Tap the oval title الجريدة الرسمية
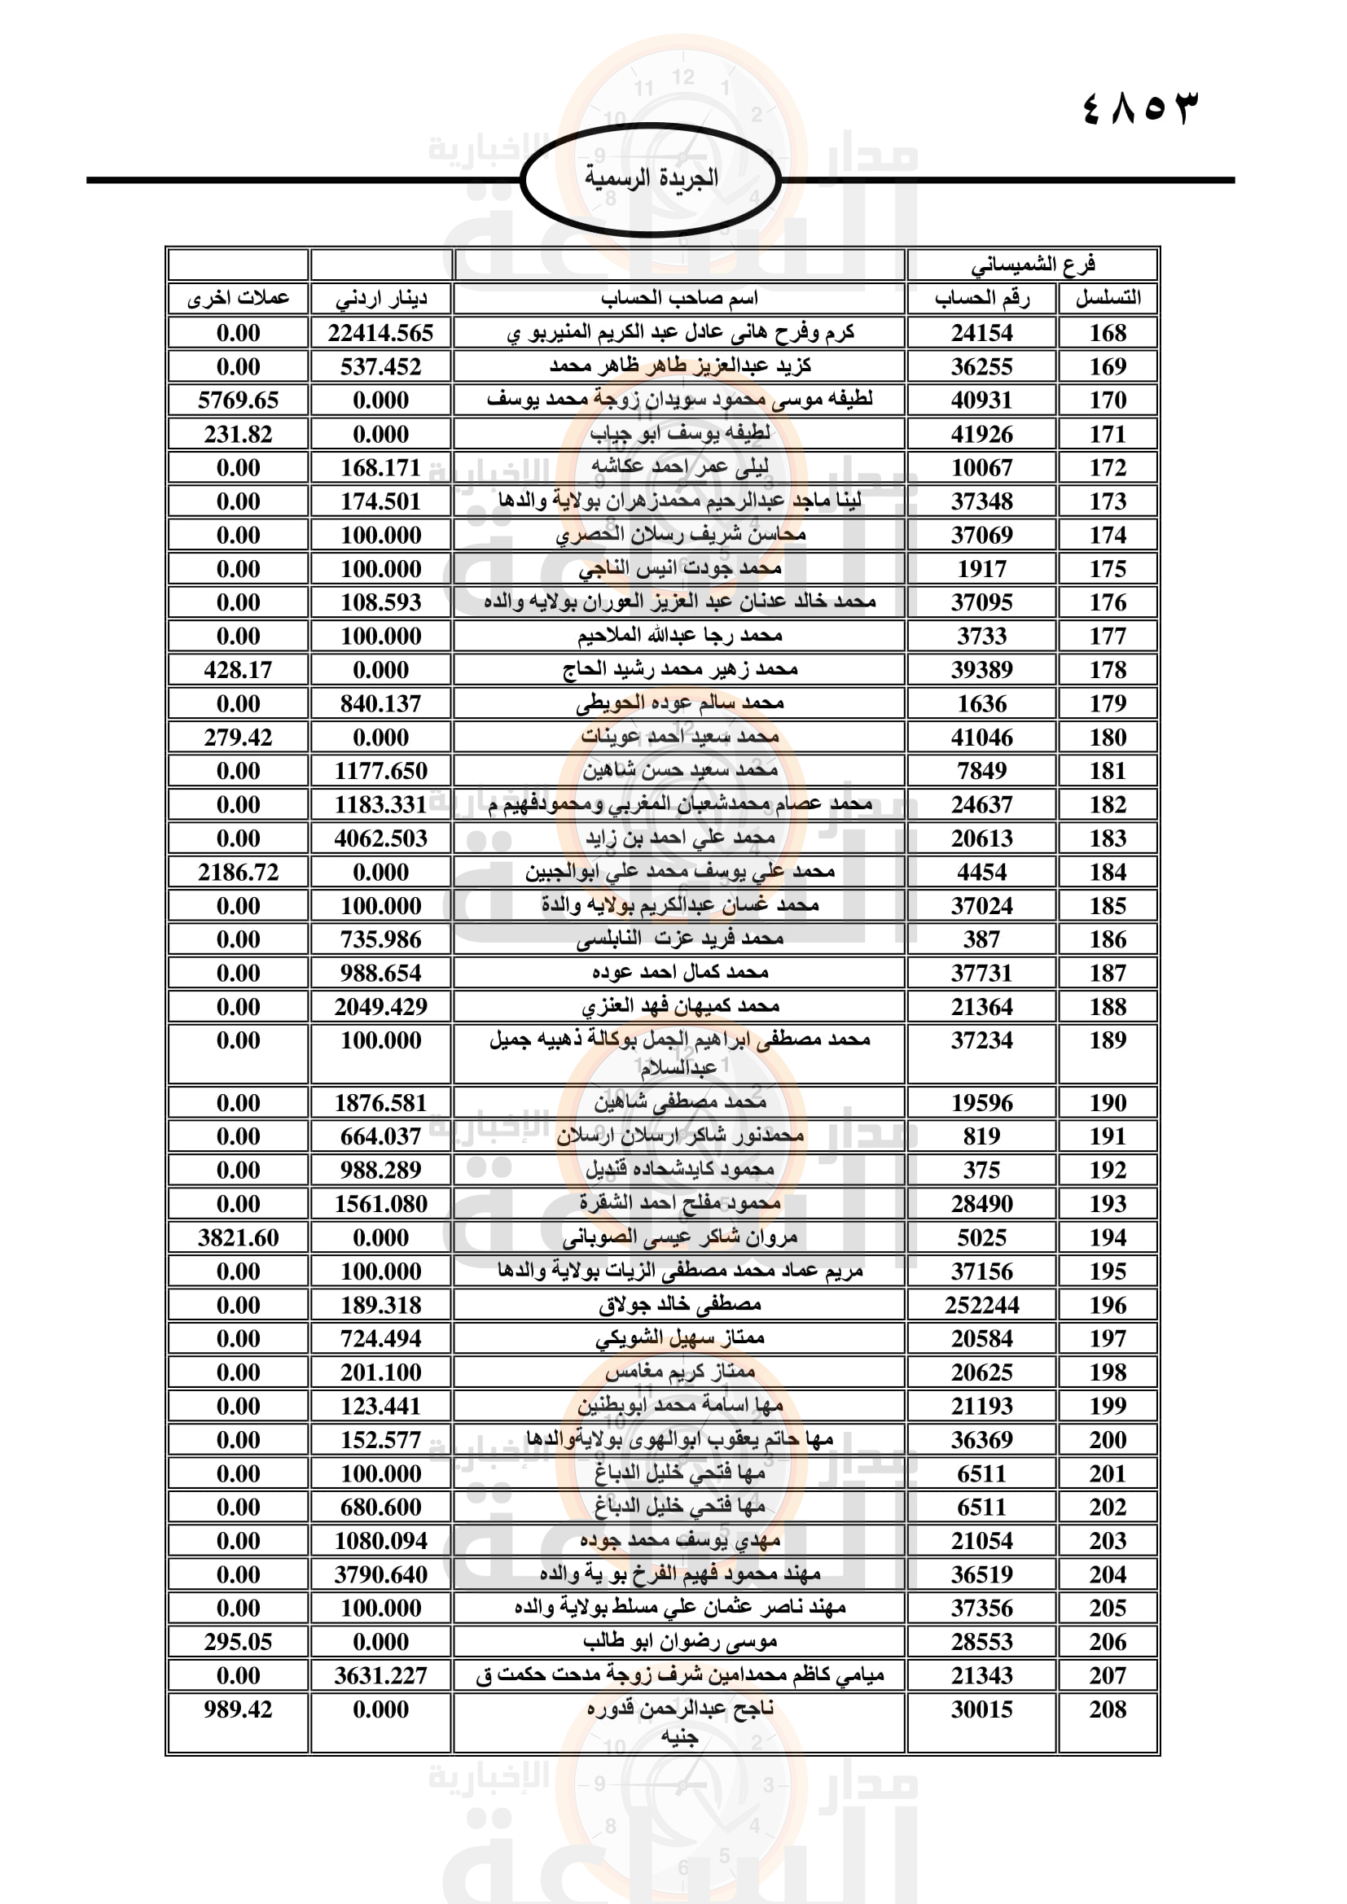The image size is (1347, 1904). pyautogui.click(x=652, y=178)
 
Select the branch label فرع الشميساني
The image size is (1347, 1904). pyautogui.click(x=1033, y=265)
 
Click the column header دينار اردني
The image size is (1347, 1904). pyautogui.click(x=380, y=299)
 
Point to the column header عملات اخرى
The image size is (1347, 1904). pyautogui.click(x=238, y=299)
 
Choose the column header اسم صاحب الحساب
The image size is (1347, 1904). pyautogui.click(x=679, y=299)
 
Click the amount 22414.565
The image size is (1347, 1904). pyautogui.click(x=380, y=334)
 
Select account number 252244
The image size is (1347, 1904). pyautogui.click(x=982, y=1305)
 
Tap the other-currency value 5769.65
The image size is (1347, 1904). pyautogui.click(x=238, y=400)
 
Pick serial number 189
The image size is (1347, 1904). pyautogui.click(x=1108, y=1041)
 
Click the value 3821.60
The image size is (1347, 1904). pyautogui.click(x=238, y=1238)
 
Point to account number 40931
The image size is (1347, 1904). pyautogui.click(x=982, y=400)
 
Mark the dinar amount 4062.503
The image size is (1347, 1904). pyautogui.click(x=380, y=838)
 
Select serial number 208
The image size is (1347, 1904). pyautogui.click(x=1108, y=1709)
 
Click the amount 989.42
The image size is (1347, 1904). pyautogui.click(x=238, y=1709)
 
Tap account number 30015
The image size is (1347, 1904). pyautogui.click(x=982, y=1709)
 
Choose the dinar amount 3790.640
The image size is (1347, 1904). pyautogui.click(x=380, y=1575)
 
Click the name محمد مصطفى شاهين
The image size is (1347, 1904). pyautogui.click(x=679, y=1103)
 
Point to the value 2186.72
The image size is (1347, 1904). pyautogui.click(x=238, y=873)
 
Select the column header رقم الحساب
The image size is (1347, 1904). pyautogui.click(x=982, y=299)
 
